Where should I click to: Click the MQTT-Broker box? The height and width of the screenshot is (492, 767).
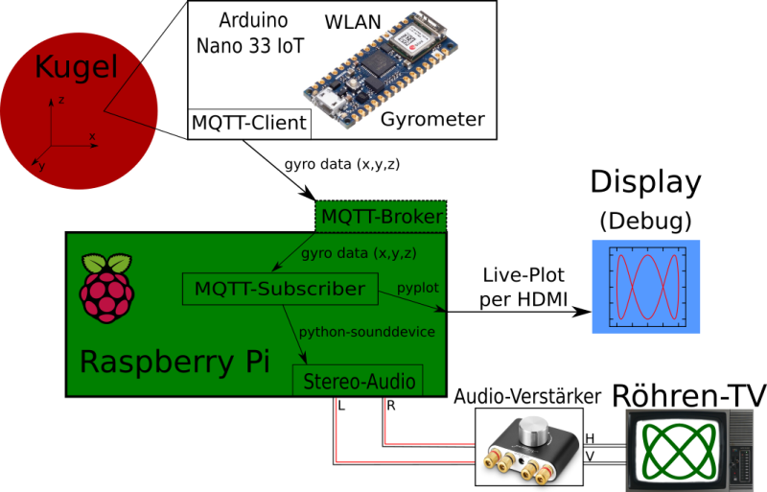coord(382,217)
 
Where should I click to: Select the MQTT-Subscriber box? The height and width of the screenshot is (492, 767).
coord(279,289)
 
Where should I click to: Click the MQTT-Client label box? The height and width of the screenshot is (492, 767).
coord(249,123)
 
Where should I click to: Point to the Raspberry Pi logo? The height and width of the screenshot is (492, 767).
coord(106,287)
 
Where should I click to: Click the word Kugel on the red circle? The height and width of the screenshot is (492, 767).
coord(76,67)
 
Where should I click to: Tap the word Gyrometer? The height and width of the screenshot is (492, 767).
coord(432,120)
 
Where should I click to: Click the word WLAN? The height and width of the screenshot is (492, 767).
coord(353,21)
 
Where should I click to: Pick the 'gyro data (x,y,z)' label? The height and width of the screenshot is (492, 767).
coord(358,253)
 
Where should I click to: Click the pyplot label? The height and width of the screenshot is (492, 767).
coord(418,288)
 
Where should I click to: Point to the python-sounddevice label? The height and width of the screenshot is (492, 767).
coord(367,332)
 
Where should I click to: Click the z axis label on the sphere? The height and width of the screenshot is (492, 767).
coord(60,100)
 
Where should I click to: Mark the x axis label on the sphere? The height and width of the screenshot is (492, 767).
coord(92,136)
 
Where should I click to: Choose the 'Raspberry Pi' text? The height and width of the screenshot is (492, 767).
coord(174,362)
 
